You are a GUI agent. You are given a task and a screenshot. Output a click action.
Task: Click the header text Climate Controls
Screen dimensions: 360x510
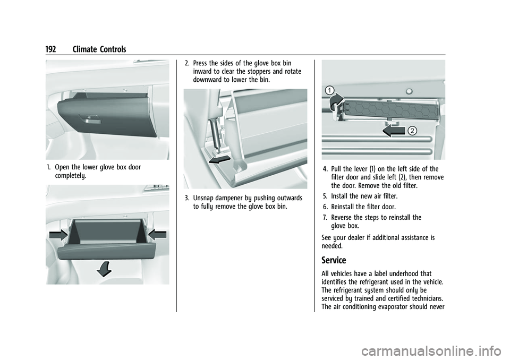(x=98, y=49)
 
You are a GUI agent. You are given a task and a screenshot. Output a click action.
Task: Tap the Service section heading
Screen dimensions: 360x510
(x=334, y=260)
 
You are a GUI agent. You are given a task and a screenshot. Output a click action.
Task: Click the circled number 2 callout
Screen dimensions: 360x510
(x=412, y=131)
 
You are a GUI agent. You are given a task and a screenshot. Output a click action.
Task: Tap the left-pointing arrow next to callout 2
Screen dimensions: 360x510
(x=394, y=131)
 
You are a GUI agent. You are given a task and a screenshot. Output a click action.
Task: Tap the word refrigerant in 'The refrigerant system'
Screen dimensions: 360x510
(x=351, y=291)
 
